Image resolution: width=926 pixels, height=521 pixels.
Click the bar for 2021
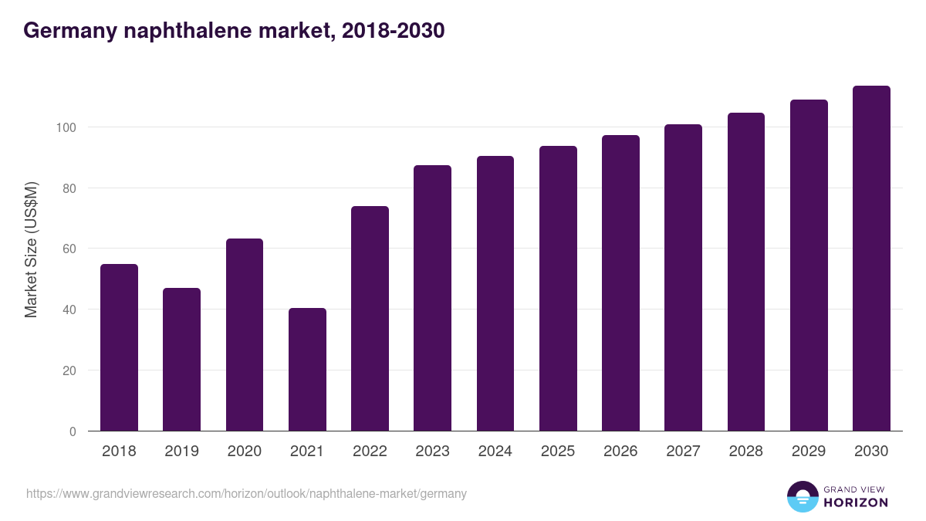307,370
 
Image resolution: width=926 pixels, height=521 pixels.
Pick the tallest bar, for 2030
871,259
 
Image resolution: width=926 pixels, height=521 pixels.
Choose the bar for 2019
181,360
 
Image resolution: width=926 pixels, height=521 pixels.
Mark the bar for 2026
620,283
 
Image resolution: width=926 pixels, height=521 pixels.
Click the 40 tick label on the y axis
69,310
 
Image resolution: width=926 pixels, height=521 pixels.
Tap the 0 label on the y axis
73,431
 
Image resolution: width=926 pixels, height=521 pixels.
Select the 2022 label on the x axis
370,452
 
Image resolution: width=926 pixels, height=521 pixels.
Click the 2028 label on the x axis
745,452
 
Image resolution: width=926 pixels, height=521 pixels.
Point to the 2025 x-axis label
558,452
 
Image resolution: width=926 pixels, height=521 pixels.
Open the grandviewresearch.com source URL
246,493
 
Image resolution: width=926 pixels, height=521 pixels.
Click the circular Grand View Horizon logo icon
802,496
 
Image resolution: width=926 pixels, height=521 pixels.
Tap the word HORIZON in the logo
857,502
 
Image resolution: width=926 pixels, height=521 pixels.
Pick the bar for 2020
245,335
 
